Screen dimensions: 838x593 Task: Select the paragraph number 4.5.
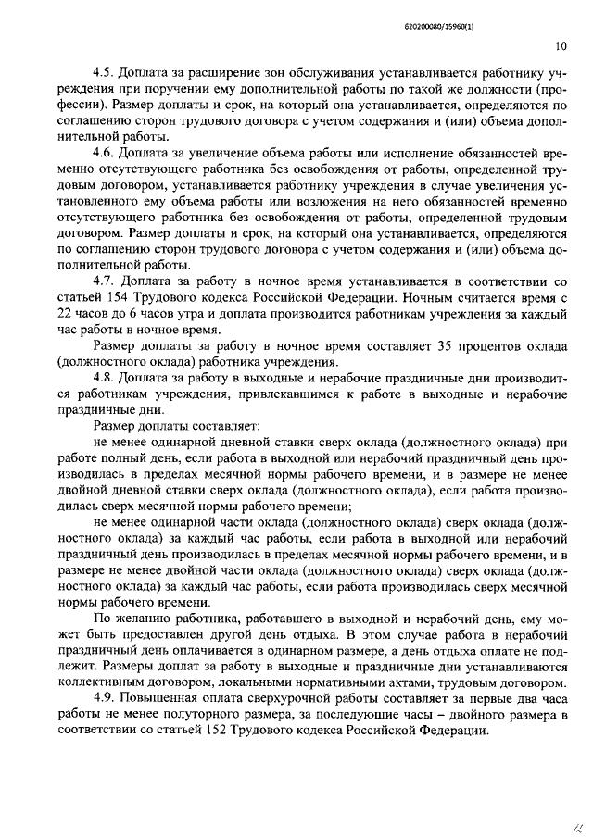106,71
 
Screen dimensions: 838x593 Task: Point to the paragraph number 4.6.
106,151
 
